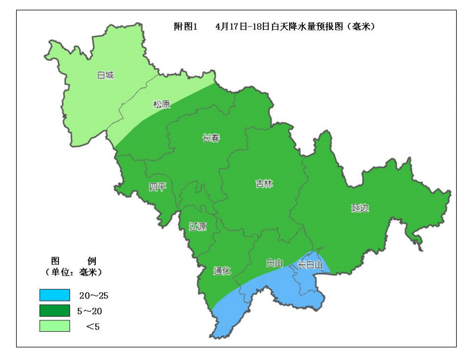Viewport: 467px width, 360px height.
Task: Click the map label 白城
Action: pyautogui.click(x=106, y=75)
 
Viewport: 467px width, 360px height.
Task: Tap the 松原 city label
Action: pyautogui.click(x=161, y=104)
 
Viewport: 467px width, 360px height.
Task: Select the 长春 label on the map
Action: pyautogui.click(x=211, y=138)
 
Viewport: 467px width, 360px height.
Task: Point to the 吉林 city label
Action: pyautogui.click(x=264, y=184)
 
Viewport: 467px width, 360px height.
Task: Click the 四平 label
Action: pyautogui.click(x=157, y=187)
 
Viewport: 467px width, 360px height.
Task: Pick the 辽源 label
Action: pyautogui.click(x=197, y=226)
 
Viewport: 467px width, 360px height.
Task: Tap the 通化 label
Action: pyautogui.click(x=222, y=271)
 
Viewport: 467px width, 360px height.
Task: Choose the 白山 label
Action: pyautogui.click(x=275, y=263)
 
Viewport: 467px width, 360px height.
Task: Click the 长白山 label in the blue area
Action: pyautogui.click(x=310, y=265)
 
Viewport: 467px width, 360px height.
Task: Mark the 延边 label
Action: pyautogui.click(x=360, y=208)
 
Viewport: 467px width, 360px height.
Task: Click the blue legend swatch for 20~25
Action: pyautogui.click(x=55, y=295)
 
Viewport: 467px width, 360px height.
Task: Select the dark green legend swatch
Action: pyautogui.click(x=55, y=311)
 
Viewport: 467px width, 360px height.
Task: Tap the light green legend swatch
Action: pyautogui.click(x=55, y=326)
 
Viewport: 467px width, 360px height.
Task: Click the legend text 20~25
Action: pyautogui.click(x=94, y=296)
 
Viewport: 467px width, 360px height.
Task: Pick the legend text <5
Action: pyautogui.click(x=93, y=327)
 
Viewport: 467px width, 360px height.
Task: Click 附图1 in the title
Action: pyautogui.click(x=185, y=26)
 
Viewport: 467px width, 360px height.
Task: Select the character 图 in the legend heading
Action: pyautogui.click(x=56, y=260)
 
